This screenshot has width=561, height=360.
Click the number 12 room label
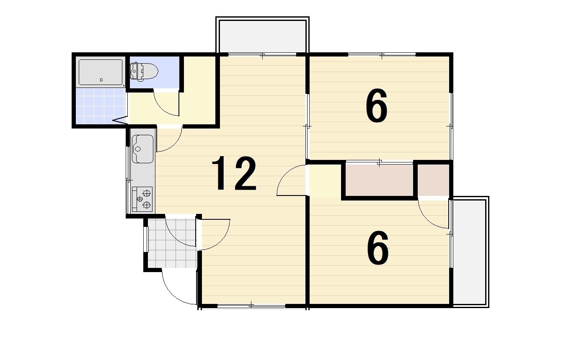pos(234,173)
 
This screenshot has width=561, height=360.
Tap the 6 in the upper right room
pos(376,105)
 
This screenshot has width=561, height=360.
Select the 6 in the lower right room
pos(378,248)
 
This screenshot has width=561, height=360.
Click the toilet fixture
pos(144,71)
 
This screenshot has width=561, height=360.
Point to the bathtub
pos(101,72)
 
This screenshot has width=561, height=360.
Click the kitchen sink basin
pos(142,149)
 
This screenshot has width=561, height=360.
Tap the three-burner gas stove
pos(142,199)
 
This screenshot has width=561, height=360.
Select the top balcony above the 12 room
pos(262,35)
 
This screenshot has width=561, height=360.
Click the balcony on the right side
pos(471,252)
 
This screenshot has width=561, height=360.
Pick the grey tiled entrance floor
pos(172,243)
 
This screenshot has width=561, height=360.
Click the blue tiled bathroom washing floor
pos(101,106)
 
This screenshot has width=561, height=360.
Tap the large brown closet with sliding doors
pos(380,180)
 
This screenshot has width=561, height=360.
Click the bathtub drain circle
pos(101,80)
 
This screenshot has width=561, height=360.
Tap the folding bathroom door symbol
pos(120,120)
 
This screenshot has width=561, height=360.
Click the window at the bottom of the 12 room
pos(251,306)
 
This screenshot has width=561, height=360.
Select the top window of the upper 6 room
pos(382,54)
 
